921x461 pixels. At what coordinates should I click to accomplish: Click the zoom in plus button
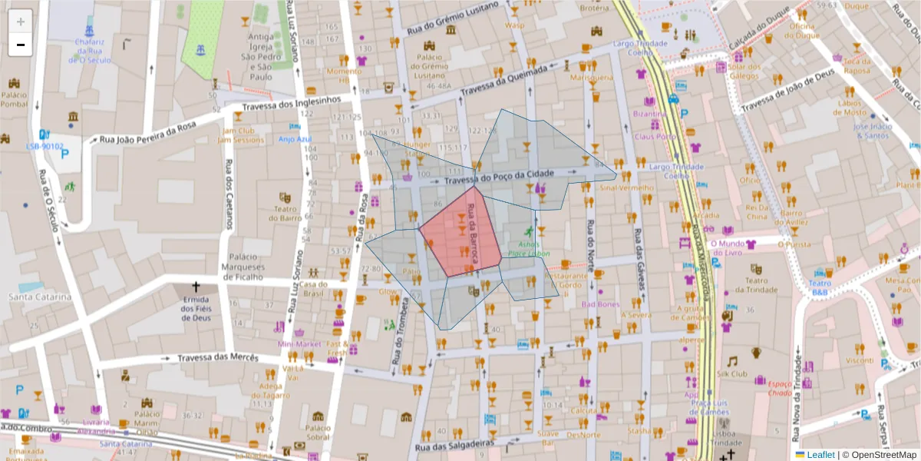tap(21, 22)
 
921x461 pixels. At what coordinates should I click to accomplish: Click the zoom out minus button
tap(21, 45)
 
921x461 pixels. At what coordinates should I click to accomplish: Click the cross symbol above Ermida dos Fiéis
tap(196, 286)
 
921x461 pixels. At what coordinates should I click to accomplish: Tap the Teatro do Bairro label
tap(285, 213)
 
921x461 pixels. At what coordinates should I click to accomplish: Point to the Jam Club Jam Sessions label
tap(235, 135)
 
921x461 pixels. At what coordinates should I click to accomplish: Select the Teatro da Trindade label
tap(755, 286)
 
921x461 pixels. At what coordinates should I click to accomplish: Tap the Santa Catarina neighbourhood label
tap(40, 297)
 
